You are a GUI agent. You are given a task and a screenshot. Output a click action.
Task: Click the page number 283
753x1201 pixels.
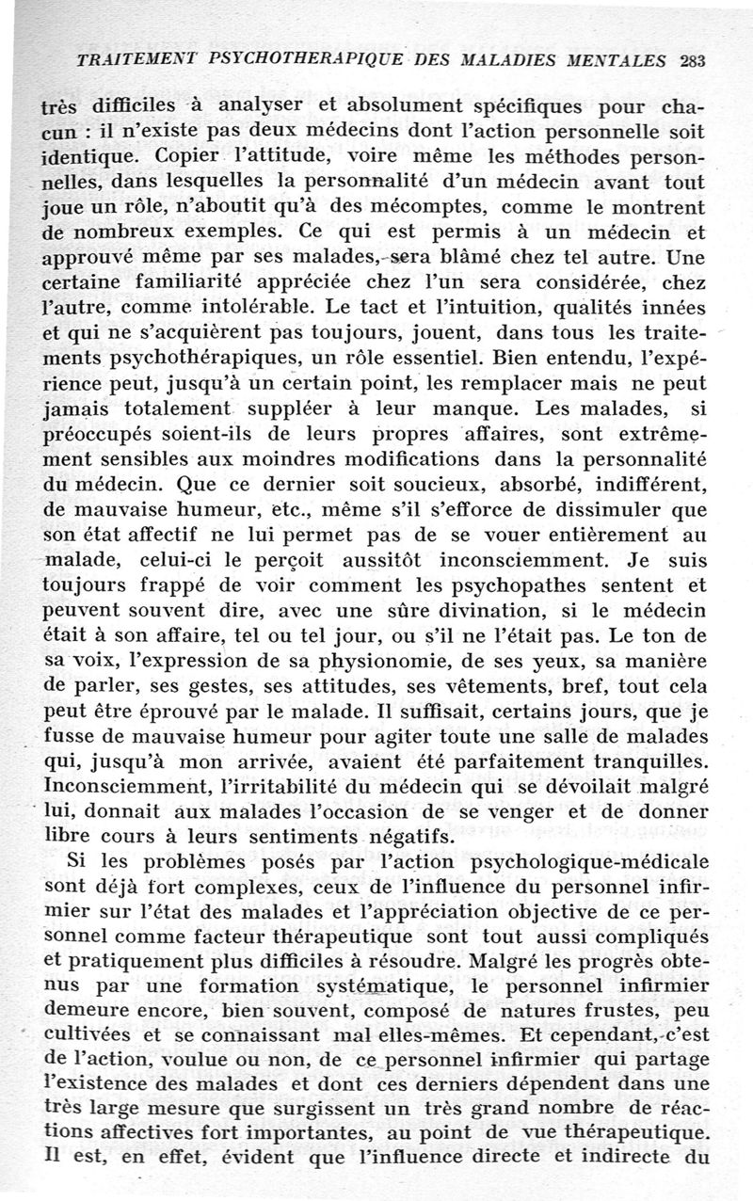coord(691,61)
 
